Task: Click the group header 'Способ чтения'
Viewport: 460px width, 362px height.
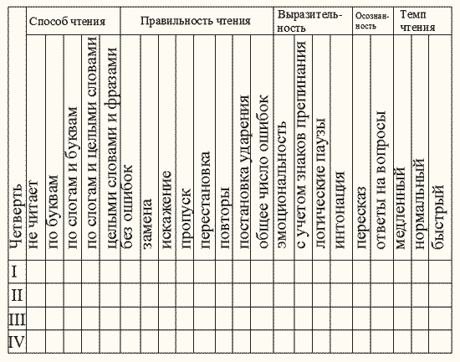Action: pyautogui.click(x=67, y=22)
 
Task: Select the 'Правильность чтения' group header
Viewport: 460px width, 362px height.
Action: pyautogui.click(x=196, y=21)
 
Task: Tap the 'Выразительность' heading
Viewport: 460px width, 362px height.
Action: pyautogui.click(x=310, y=21)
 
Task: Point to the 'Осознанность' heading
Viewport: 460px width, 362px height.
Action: pyautogui.click(x=372, y=21)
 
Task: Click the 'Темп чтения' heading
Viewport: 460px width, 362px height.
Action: pyautogui.click(x=417, y=21)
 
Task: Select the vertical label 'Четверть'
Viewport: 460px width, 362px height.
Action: pyautogui.click(x=17, y=216)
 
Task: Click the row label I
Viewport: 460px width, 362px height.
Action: pyautogui.click(x=14, y=271)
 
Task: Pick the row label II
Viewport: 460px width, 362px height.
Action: pyautogui.click(x=17, y=295)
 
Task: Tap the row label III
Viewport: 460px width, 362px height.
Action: pyautogui.click(x=17, y=319)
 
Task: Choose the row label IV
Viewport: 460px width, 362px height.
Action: pyautogui.click(x=17, y=342)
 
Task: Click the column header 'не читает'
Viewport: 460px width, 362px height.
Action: pyautogui.click(x=33, y=215)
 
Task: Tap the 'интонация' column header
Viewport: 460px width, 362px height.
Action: pyautogui.click(x=340, y=209)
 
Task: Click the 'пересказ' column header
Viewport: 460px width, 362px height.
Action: pyautogui.click(x=361, y=218)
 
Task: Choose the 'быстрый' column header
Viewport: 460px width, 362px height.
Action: pyautogui.click(x=437, y=217)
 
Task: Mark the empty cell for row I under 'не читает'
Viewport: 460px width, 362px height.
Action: pyautogui.click(x=36, y=271)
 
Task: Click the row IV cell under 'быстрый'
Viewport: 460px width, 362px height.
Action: pyautogui.click(x=440, y=341)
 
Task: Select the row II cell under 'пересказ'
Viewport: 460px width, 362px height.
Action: pyautogui.click(x=361, y=295)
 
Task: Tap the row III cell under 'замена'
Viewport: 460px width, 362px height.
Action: pyautogui.click(x=150, y=318)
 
